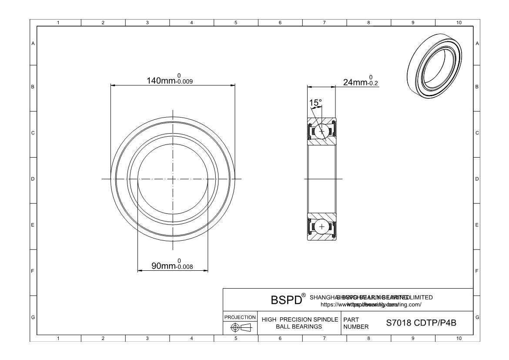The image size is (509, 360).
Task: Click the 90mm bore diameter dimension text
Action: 163,266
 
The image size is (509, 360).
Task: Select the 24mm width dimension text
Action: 355,82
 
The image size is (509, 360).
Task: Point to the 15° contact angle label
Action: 315,103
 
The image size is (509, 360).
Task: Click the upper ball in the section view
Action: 322,131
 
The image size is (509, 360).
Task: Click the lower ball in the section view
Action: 322,227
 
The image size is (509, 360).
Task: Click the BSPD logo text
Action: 286,301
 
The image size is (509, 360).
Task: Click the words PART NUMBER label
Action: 356,323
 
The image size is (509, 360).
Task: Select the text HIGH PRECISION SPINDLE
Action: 300,320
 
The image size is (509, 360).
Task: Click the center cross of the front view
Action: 173,179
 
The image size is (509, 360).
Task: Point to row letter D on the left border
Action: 33,179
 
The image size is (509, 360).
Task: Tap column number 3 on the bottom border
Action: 147,338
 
